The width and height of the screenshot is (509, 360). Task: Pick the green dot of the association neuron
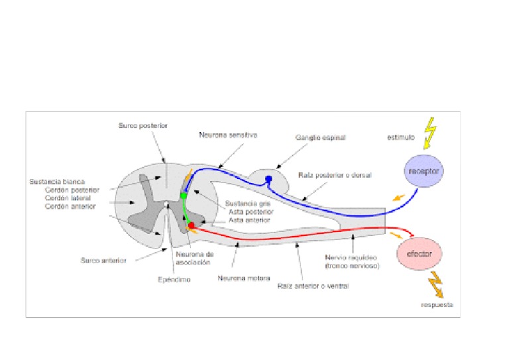pos(184,196)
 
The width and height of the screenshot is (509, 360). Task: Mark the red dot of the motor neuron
pos(192,226)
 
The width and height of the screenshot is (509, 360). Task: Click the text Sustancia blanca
pos(57,180)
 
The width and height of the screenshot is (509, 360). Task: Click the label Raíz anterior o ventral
pos(313,286)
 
